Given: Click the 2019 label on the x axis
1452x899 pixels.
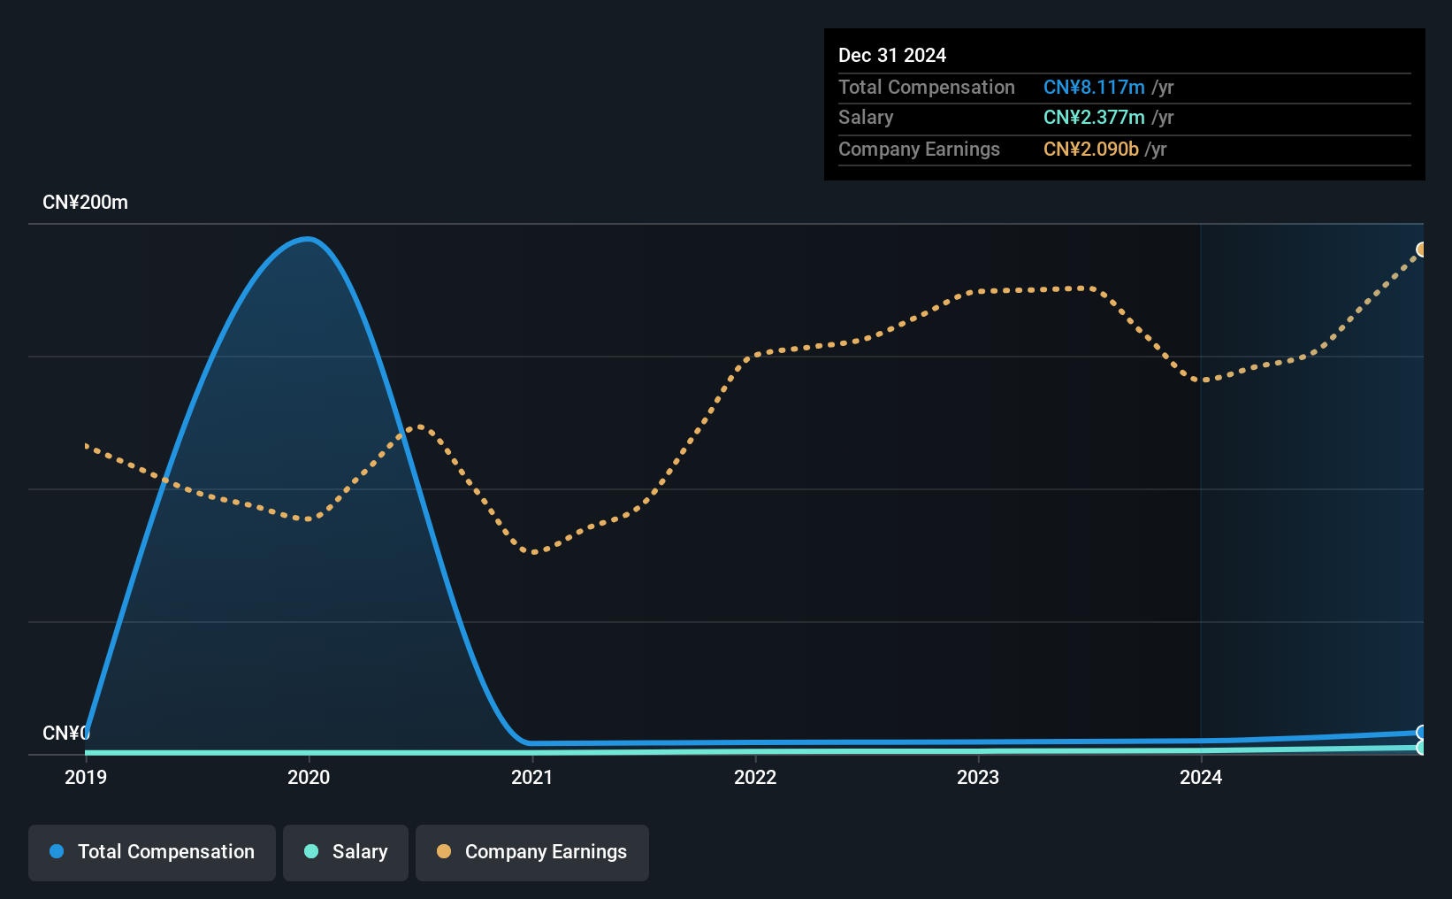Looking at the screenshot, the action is pos(86,777).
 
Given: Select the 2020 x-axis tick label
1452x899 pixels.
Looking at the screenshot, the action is pos(309,777).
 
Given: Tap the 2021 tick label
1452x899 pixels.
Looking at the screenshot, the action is pos(531,777).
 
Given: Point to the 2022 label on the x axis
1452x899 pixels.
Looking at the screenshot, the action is pos(755,777).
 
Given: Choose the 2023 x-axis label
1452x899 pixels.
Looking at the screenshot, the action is pos(978,777).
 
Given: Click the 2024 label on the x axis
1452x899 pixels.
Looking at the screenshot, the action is pos(1201,777).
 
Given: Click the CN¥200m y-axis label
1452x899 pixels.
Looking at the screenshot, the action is pos(85,203).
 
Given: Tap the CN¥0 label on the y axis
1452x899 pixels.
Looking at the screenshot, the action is pos(65,733).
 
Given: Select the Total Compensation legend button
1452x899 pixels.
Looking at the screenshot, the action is pos(152,852).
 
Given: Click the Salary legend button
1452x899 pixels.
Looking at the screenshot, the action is pos(346,852).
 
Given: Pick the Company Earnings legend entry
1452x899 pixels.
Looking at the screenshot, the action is pos(532,852).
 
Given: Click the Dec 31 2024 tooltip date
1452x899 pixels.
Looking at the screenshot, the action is pos(892,55).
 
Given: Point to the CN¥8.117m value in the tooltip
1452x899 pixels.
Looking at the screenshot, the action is pos(1094,87).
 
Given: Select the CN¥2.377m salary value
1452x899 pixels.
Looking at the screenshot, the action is pos(1094,118).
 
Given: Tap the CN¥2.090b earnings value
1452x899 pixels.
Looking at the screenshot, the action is pos(1091,150).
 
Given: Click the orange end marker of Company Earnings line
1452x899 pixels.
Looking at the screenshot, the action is pos(1421,250).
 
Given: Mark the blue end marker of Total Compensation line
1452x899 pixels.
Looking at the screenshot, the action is pos(1421,733).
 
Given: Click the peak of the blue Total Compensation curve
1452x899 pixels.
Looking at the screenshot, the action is pos(307,239).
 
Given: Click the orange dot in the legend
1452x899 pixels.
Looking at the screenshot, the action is pos(444,851).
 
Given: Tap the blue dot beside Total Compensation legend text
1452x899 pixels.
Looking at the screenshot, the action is pos(57,851).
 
